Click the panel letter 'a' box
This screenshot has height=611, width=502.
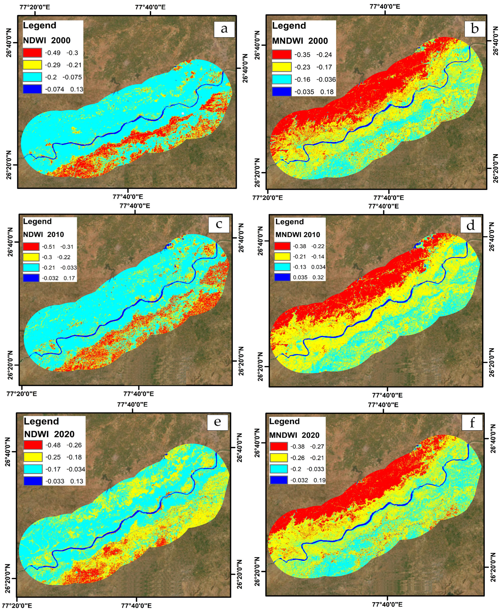click(x=224, y=29)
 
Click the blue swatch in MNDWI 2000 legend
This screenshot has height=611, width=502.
click(x=281, y=92)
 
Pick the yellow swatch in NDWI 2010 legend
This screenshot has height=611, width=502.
click(x=31, y=257)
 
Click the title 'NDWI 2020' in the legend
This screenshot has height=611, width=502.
click(x=49, y=434)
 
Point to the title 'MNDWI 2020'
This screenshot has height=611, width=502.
click(x=294, y=435)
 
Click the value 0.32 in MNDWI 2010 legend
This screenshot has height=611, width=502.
click(x=318, y=277)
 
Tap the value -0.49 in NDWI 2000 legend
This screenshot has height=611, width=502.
click(x=53, y=53)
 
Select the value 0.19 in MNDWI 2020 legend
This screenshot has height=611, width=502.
click(x=319, y=480)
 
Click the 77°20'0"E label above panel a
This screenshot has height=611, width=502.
click(x=35, y=7)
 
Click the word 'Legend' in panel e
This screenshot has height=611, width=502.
click(x=41, y=421)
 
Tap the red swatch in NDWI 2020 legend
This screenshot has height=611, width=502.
click(x=33, y=445)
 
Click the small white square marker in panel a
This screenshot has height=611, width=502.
click(x=183, y=113)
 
